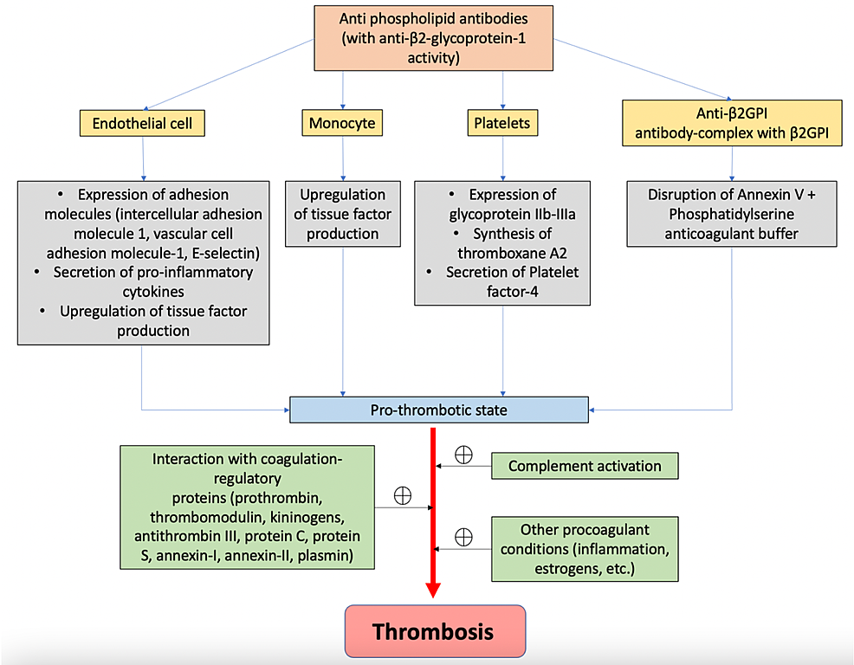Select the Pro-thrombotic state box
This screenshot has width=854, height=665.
[x=439, y=409]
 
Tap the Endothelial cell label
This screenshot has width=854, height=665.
[x=143, y=124]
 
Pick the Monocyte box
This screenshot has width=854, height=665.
[x=343, y=123]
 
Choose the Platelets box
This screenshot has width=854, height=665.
[x=502, y=123]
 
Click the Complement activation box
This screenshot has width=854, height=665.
[x=585, y=466]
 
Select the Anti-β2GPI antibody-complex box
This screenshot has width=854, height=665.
[x=733, y=123]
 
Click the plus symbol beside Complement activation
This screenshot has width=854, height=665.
[x=464, y=455]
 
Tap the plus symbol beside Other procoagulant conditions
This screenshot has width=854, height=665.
[x=464, y=537]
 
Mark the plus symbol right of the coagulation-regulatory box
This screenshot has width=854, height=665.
[x=403, y=495]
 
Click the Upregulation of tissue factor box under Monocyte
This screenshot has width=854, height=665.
[x=343, y=213]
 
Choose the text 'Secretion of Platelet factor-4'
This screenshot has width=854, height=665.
[x=502, y=281]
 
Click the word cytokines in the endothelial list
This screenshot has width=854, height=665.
[x=144, y=291]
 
